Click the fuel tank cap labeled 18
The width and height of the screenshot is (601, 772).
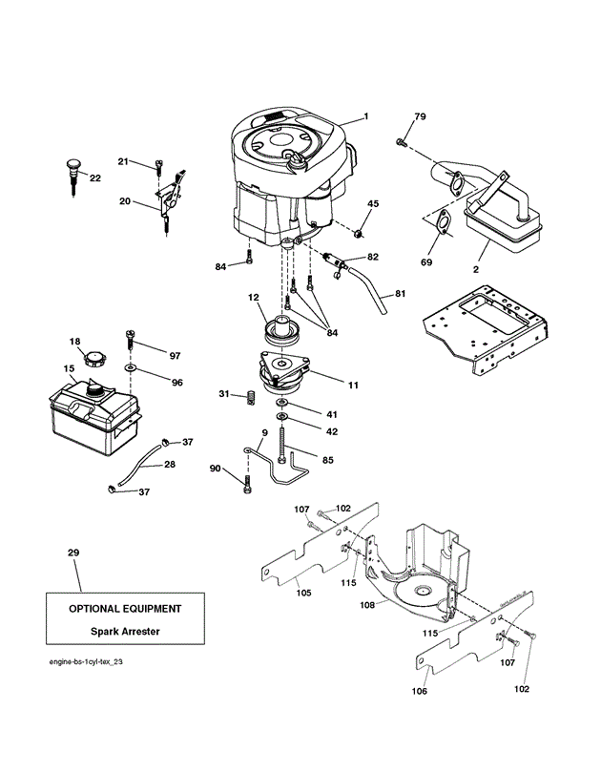(93, 358)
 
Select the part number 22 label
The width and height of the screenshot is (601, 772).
(95, 178)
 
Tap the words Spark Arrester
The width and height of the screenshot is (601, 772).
(125, 631)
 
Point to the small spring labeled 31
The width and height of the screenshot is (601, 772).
(251, 397)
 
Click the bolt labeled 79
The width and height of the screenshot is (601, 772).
(400, 143)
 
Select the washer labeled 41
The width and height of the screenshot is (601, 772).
(282, 404)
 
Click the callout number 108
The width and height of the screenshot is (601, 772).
(367, 605)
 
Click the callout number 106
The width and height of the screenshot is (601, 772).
(420, 691)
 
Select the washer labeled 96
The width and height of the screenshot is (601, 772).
(131, 367)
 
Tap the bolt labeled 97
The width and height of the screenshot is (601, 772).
(131, 339)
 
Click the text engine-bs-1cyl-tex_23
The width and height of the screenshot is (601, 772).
(86, 661)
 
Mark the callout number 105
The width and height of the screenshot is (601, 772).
(303, 593)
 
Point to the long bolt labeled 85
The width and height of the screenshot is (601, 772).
(281, 444)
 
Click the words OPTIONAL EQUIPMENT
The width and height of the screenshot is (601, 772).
(125, 609)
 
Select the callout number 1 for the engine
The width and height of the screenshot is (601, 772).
(365, 116)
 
